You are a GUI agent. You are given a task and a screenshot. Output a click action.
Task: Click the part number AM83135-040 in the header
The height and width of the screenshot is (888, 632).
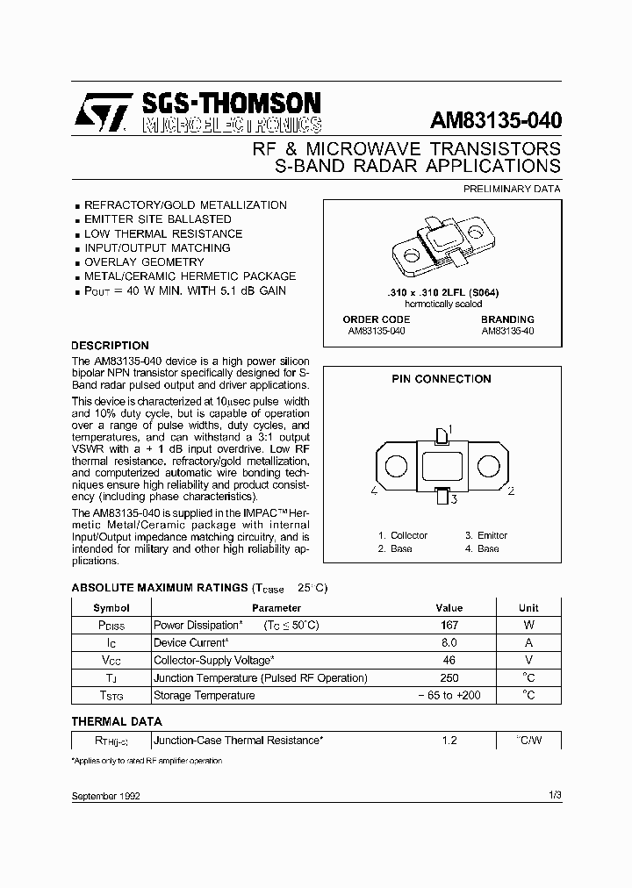[x=496, y=120]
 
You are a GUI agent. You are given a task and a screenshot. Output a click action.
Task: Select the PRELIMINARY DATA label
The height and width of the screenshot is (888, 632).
[x=511, y=189]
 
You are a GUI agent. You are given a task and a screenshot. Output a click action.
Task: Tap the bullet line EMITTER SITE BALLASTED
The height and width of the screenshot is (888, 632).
[x=157, y=219]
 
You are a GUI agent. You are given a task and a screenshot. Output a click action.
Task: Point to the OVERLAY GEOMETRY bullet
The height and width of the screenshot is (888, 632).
[x=144, y=262]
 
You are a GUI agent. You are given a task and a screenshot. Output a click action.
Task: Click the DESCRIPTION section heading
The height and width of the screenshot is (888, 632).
[x=110, y=346]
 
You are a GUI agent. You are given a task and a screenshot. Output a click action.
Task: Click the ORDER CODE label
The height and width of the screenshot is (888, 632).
[x=376, y=320]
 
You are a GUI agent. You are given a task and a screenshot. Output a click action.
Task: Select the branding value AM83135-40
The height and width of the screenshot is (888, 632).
[x=507, y=332]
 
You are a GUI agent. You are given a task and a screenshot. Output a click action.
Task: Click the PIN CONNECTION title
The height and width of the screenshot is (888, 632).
[x=441, y=379]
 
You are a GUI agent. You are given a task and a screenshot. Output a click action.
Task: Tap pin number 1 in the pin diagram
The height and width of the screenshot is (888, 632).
[x=449, y=429]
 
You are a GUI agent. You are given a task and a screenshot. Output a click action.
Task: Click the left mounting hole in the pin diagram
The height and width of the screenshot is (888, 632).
[x=395, y=464]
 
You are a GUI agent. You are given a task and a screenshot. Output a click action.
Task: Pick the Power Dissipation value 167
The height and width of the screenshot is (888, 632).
[x=449, y=626]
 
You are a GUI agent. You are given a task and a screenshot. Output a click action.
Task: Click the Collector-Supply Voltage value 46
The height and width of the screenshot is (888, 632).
[x=449, y=661]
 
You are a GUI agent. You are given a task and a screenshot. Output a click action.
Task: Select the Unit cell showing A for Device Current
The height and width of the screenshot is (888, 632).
[x=528, y=643]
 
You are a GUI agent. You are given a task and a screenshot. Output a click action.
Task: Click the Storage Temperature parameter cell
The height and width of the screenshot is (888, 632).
[x=205, y=696]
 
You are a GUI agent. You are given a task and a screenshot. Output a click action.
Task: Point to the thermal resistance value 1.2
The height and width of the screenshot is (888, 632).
[x=449, y=741]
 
